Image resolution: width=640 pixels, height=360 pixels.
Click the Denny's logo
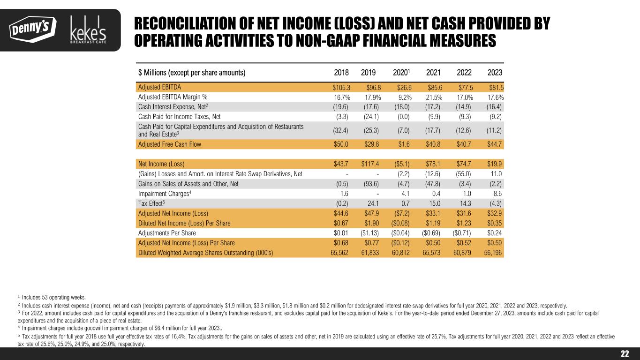[x=32, y=29]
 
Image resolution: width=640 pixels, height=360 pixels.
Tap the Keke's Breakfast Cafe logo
[x=88, y=30]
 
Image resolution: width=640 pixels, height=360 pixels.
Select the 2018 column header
[x=341, y=73]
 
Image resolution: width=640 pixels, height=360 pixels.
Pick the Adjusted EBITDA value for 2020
[x=404, y=87]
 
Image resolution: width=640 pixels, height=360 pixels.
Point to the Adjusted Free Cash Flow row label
[x=169, y=144]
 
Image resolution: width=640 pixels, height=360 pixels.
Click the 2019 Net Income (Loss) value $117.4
[x=370, y=164]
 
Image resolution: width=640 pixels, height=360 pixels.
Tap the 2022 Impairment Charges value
[x=466, y=194]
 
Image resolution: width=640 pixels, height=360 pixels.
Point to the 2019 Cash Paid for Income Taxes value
[x=371, y=117]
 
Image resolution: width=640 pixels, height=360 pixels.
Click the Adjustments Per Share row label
[x=167, y=233]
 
